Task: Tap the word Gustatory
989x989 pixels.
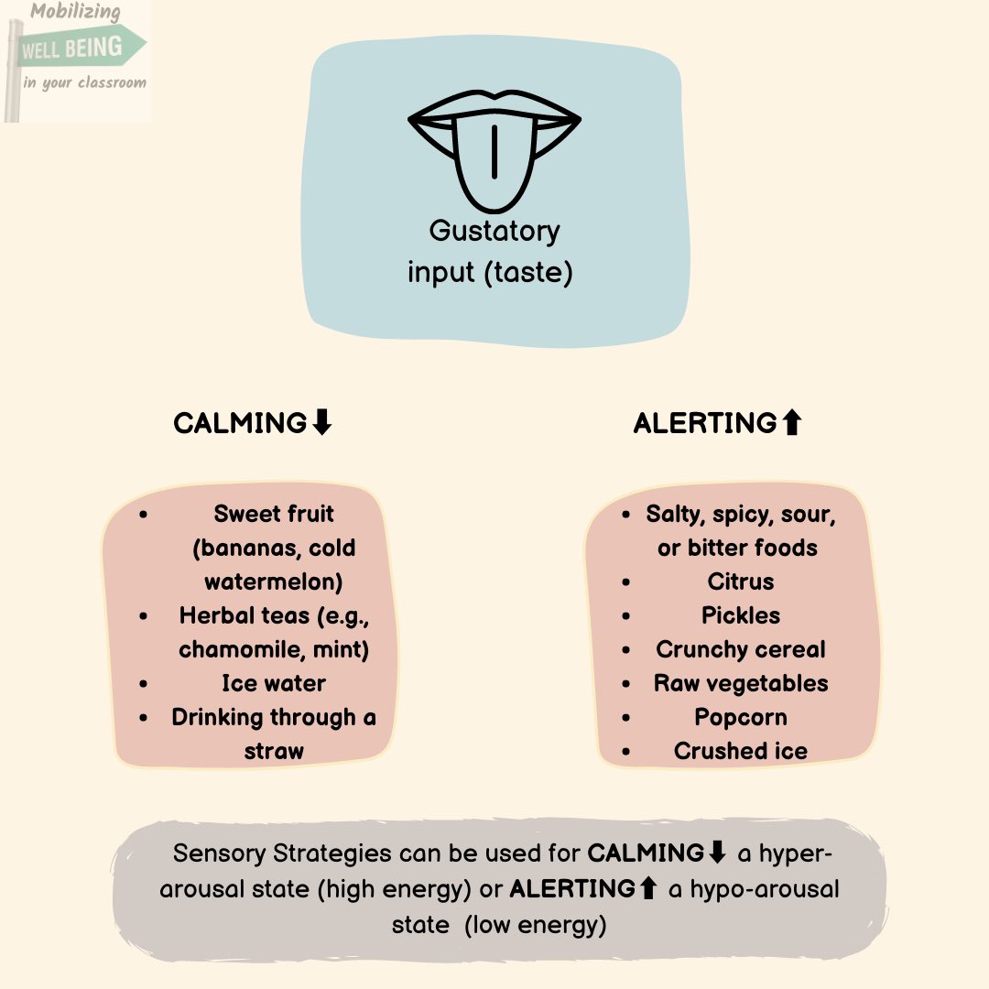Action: pyautogui.click(x=494, y=231)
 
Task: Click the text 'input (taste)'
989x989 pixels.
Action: pyautogui.click(x=490, y=273)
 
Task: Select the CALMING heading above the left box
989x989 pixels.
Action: pyautogui.click(x=240, y=423)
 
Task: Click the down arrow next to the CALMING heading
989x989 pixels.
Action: pyautogui.click(x=321, y=422)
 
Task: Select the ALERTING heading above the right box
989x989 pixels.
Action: pyautogui.click(x=705, y=423)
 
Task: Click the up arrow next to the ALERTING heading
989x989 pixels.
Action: pyautogui.click(x=792, y=422)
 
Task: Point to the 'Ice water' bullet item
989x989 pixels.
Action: pyautogui.click(x=273, y=683)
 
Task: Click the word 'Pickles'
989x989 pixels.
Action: pyautogui.click(x=741, y=615)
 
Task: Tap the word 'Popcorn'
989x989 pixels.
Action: pyautogui.click(x=741, y=717)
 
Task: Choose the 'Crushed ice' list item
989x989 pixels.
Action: pyautogui.click(x=741, y=751)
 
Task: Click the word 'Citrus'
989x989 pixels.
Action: pyautogui.click(x=741, y=581)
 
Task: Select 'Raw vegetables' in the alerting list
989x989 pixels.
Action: pyautogui.click(x=741, y=683)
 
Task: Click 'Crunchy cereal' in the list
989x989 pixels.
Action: pyautogui.click(x=741, y=649)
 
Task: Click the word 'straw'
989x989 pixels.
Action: pyautogui.click(x=273, y=751)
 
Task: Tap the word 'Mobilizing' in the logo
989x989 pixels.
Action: pyautogui.click(x=75, y=13)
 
